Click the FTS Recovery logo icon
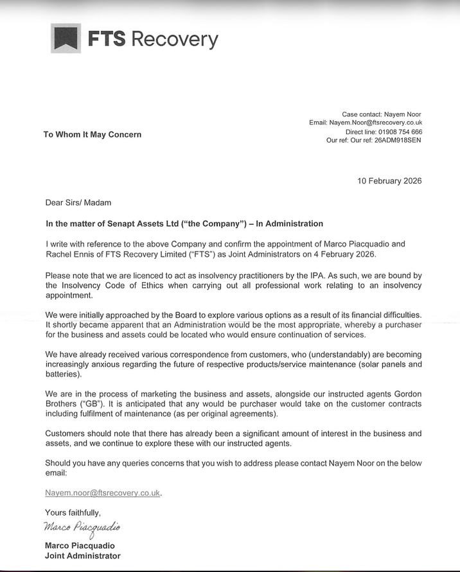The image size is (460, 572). pos(66,39)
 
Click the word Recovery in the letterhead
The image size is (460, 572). pos(174,39)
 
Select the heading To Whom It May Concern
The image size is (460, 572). pos(92,134)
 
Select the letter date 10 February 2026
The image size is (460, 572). pos(389,180)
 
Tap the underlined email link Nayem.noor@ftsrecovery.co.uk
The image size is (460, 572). pos(102,493)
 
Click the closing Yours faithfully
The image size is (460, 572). pos(73,512)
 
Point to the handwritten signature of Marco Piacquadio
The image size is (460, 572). pos(82,528)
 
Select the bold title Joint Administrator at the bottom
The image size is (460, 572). pos(82,556)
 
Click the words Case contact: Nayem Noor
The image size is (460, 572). pos(382,114)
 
